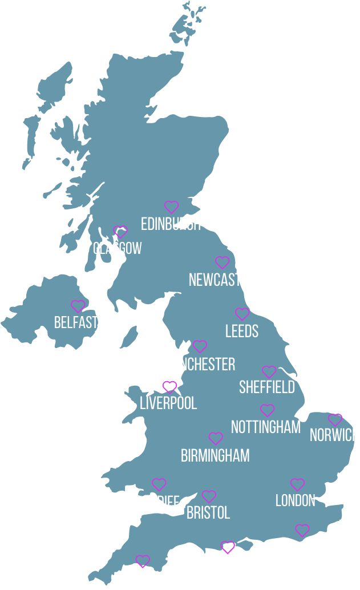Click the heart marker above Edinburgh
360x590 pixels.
[x=171, y=207]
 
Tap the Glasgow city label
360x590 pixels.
[x=117, y=248]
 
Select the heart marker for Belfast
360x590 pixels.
[x=78, y=306]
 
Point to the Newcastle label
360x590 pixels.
[x=221, y=280]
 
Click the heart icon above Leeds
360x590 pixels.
[x=242, y=314]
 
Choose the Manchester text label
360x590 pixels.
[x=199, y=364]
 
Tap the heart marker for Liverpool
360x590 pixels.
[x=169, y=387]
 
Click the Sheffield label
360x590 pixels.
[x=266, y=387]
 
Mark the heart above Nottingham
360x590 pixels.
[x=267, y=410]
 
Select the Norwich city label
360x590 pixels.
[x=334, y=435]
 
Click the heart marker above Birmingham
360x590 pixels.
[x=216, y=438]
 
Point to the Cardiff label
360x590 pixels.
[x=157, y=502]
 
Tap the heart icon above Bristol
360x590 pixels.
[x=209, y=496]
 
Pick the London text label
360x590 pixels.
[x=295, y=500]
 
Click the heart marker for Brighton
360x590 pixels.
[x=302, y=530]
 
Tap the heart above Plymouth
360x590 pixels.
[x=142, y=561]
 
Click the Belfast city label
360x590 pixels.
[x=76, y=322]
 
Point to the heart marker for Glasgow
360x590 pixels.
[x=120, y=231]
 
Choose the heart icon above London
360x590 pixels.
[x=297, y=484]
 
